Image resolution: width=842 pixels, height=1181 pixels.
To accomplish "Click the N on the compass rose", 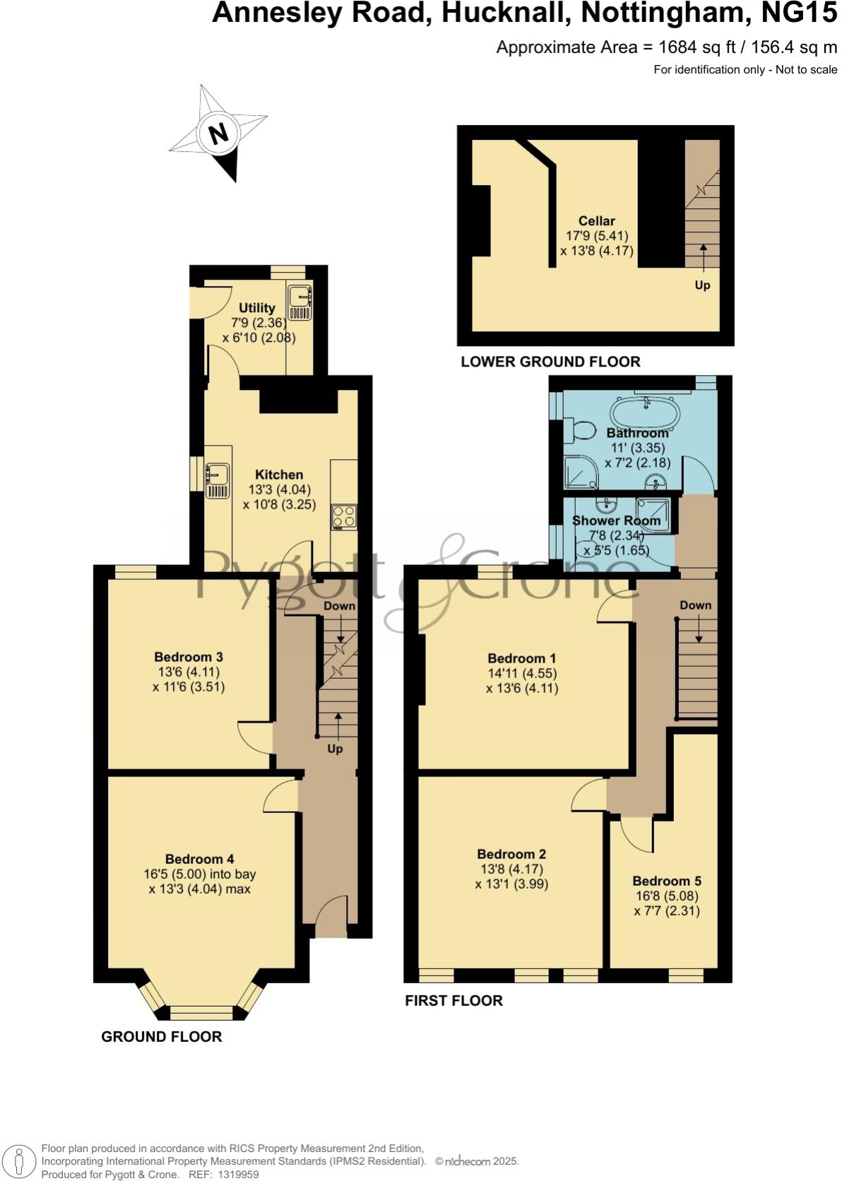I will (x=219, y=133).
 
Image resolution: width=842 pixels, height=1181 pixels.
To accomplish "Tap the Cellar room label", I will (x=597, y=221).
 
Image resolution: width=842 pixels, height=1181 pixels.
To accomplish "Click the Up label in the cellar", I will (x=702, y=285).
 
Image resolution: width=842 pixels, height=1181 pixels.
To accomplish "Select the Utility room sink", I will (x=300, y=303).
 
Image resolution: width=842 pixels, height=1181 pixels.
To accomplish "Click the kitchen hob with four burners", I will (x=345, y=517).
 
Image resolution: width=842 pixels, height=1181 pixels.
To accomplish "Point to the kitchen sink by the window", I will (x=218, y=480).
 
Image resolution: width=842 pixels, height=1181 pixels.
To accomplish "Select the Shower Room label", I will (x=616, y=521).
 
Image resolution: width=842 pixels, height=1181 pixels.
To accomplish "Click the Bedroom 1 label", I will (x=522, y=658).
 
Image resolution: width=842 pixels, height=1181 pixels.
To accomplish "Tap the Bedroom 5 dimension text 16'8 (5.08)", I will (x=667, y=896).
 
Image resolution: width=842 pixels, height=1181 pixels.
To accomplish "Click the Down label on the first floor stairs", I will (x=695, y=605).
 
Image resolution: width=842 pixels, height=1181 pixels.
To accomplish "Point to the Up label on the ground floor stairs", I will (x=335, y=748).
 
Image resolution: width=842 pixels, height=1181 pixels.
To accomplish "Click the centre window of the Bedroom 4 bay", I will (x=201, y=1014).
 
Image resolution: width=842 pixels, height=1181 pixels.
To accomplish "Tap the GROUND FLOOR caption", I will (x=162, y=1036).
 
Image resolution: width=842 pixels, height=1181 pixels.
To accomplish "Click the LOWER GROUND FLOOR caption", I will (x=550, y=362).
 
